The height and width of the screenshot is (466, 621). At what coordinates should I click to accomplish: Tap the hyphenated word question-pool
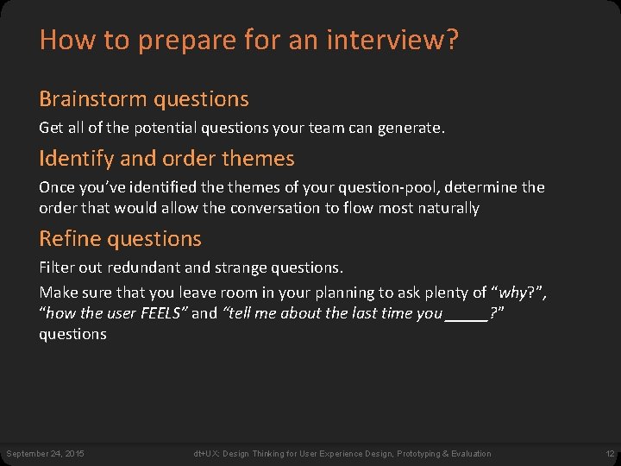point(369,187)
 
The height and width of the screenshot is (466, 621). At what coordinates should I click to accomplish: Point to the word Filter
point(57,268)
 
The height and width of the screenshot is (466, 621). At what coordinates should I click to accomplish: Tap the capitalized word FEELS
point(161,313)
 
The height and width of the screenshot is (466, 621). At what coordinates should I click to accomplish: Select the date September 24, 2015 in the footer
point(45,453)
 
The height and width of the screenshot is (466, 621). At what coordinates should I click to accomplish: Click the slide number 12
point(608,453)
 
